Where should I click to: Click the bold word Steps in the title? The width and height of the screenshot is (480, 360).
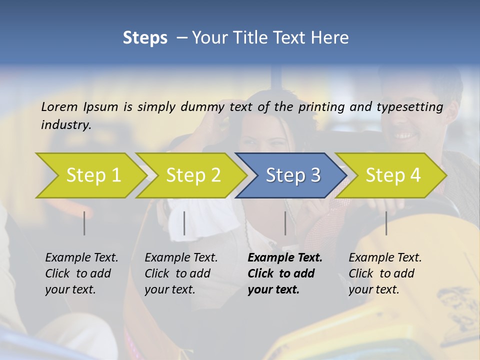pos(145,38)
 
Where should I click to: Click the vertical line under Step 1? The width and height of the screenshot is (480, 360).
pos(84,223)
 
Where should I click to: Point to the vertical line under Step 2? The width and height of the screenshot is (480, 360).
pos(184,223)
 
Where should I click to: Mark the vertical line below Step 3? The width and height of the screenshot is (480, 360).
pos(285,223)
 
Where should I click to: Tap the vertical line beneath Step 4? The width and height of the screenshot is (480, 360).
pos(386,223)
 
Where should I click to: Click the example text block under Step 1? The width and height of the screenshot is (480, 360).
pos(81,273)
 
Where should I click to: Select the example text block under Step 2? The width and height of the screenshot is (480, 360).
pos(181,273)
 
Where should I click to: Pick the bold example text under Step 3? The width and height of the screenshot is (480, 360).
pos(285,273)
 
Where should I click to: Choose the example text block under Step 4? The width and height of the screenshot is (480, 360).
pos(385,273)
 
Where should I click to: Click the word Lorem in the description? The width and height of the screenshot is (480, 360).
pos(59,106)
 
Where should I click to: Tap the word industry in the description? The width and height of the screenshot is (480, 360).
pos(66,125)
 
